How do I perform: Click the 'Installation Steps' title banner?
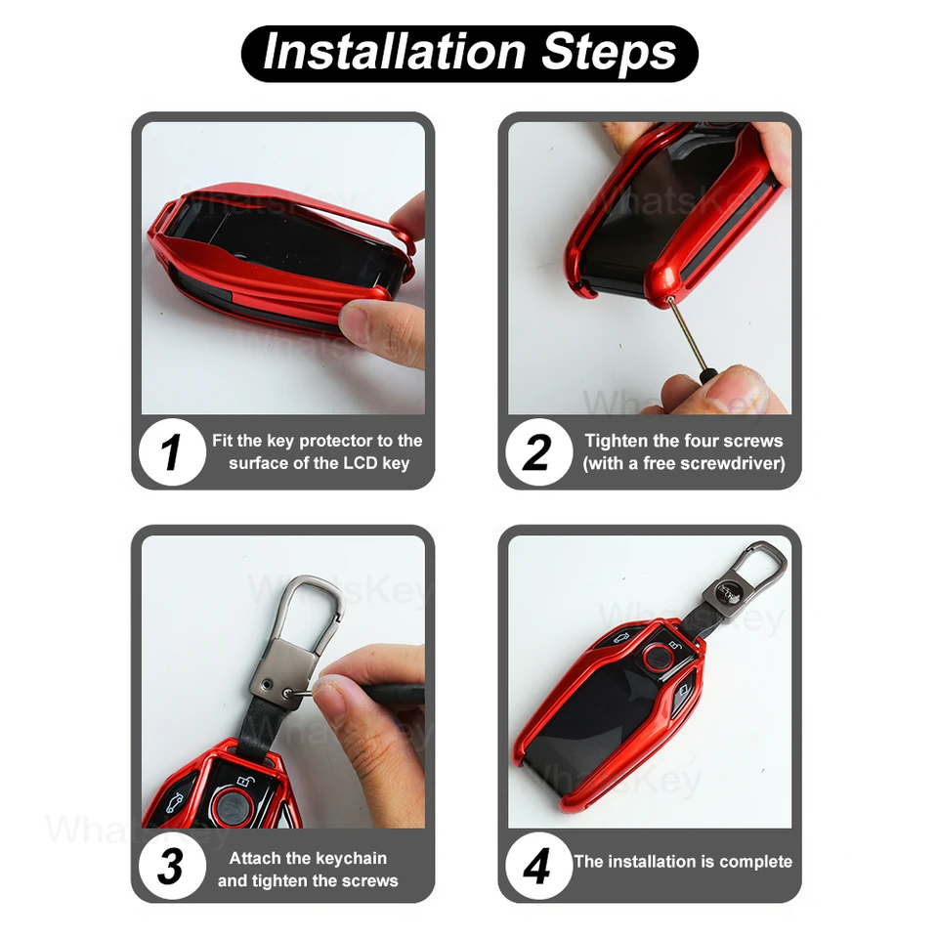coord(470,53)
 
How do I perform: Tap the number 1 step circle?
coord(172,451)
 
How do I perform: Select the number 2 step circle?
coord(538,451)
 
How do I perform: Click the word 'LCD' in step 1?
coord(361,463)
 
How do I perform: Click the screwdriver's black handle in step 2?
coord(707,379)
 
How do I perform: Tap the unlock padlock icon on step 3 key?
coord(243,782)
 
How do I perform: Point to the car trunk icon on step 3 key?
coord(175,803)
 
